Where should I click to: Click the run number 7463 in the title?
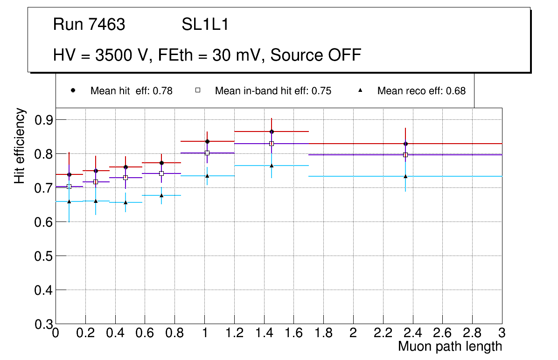107,25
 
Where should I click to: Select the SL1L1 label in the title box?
205,25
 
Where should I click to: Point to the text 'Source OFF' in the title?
316,55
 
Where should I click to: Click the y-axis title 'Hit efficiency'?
20,145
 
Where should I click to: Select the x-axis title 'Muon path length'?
450,346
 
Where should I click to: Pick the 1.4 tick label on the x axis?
264,333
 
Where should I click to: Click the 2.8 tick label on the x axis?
472,333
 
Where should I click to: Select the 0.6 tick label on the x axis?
145,333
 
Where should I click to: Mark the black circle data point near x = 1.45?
272,132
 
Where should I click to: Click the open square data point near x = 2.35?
405,155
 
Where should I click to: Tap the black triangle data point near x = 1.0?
207,176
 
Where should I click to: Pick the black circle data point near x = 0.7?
161,163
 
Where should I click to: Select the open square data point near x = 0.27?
96,182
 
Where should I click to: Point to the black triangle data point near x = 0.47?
126,202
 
